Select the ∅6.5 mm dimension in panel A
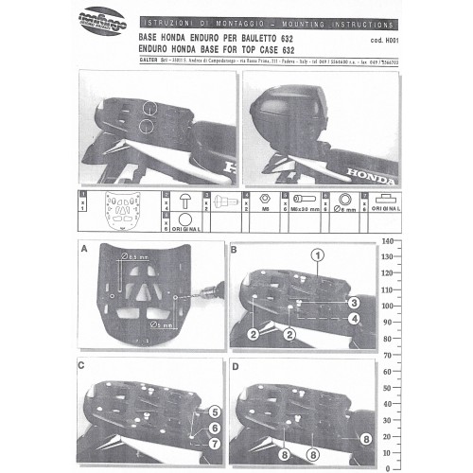(136, 257)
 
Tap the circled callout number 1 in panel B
(319, 255)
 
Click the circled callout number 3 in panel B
(351, 303)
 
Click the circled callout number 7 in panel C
(215, 443)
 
